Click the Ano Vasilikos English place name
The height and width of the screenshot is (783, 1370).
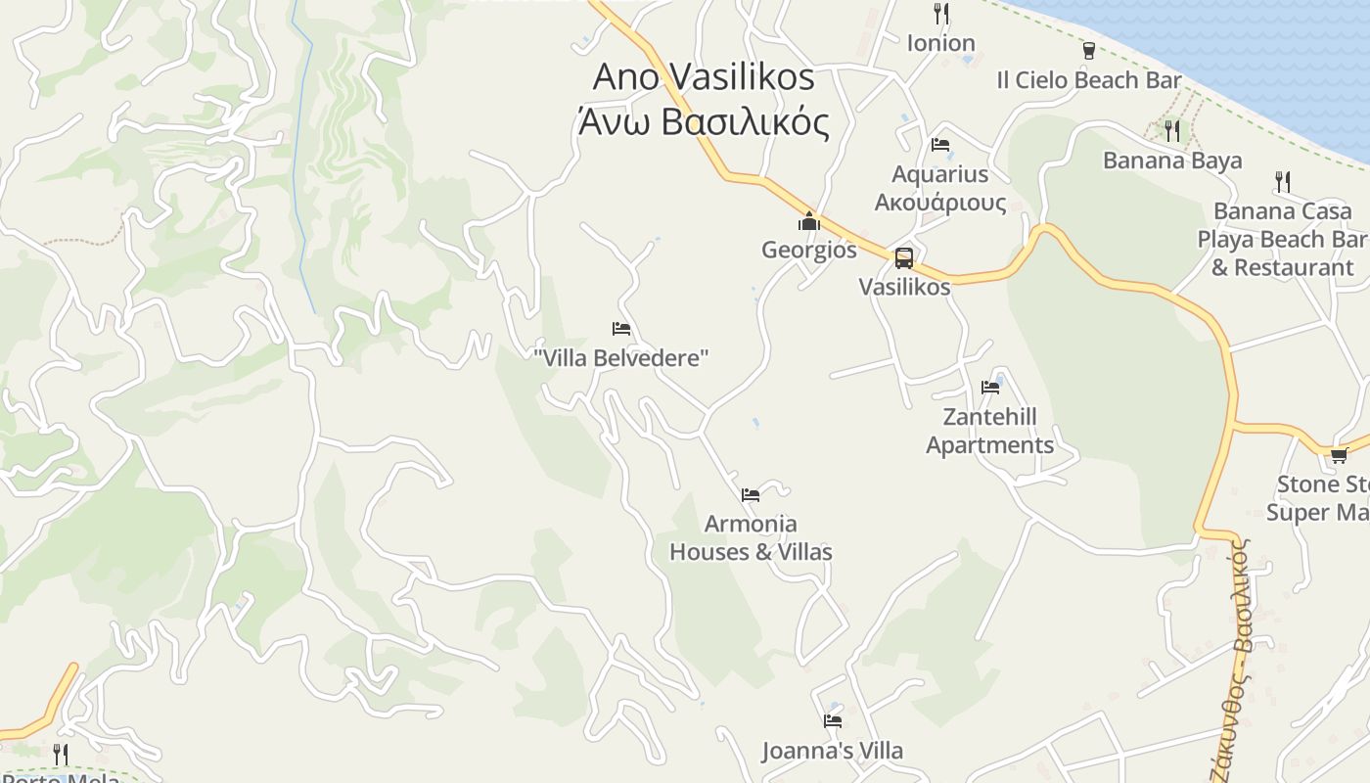(704, 77)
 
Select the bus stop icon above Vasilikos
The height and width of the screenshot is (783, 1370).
(904, 258)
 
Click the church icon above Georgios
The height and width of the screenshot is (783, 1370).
(808, 222)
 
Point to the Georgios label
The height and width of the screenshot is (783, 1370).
(808, 250)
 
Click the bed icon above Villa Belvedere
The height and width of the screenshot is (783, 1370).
(620, 329)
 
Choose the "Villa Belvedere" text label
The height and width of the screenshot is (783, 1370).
(620, 358)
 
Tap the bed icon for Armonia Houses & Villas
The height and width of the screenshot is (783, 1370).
(751, 495)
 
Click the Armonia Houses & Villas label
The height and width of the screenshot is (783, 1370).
(751, 537)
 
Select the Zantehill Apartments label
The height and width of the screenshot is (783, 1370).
(989, 431)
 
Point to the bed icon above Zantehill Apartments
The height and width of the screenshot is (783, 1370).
(990, 388)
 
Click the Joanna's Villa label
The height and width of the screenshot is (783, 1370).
(833, 751)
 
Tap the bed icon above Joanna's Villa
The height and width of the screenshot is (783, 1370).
(833, 721)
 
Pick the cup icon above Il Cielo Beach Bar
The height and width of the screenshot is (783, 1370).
(1088, 51)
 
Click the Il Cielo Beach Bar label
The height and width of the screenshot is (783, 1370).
(1088, 80)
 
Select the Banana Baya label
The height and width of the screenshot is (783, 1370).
(1172, 161)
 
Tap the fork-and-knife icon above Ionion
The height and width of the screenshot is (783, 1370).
(941, 14)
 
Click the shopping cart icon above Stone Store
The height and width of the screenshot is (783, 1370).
(1339, 455)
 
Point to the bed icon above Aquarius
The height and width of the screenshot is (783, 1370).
(940, 145)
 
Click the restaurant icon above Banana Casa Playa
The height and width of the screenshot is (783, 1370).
(1282, 182)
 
